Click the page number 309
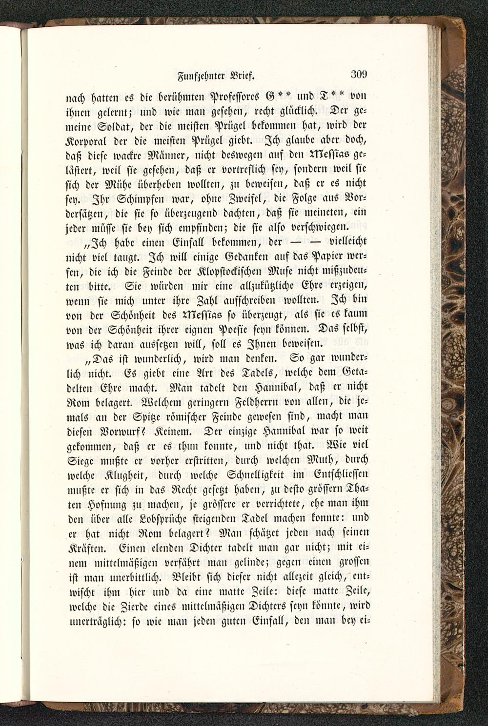coord(358,75)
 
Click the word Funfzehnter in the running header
coord(191,76)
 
